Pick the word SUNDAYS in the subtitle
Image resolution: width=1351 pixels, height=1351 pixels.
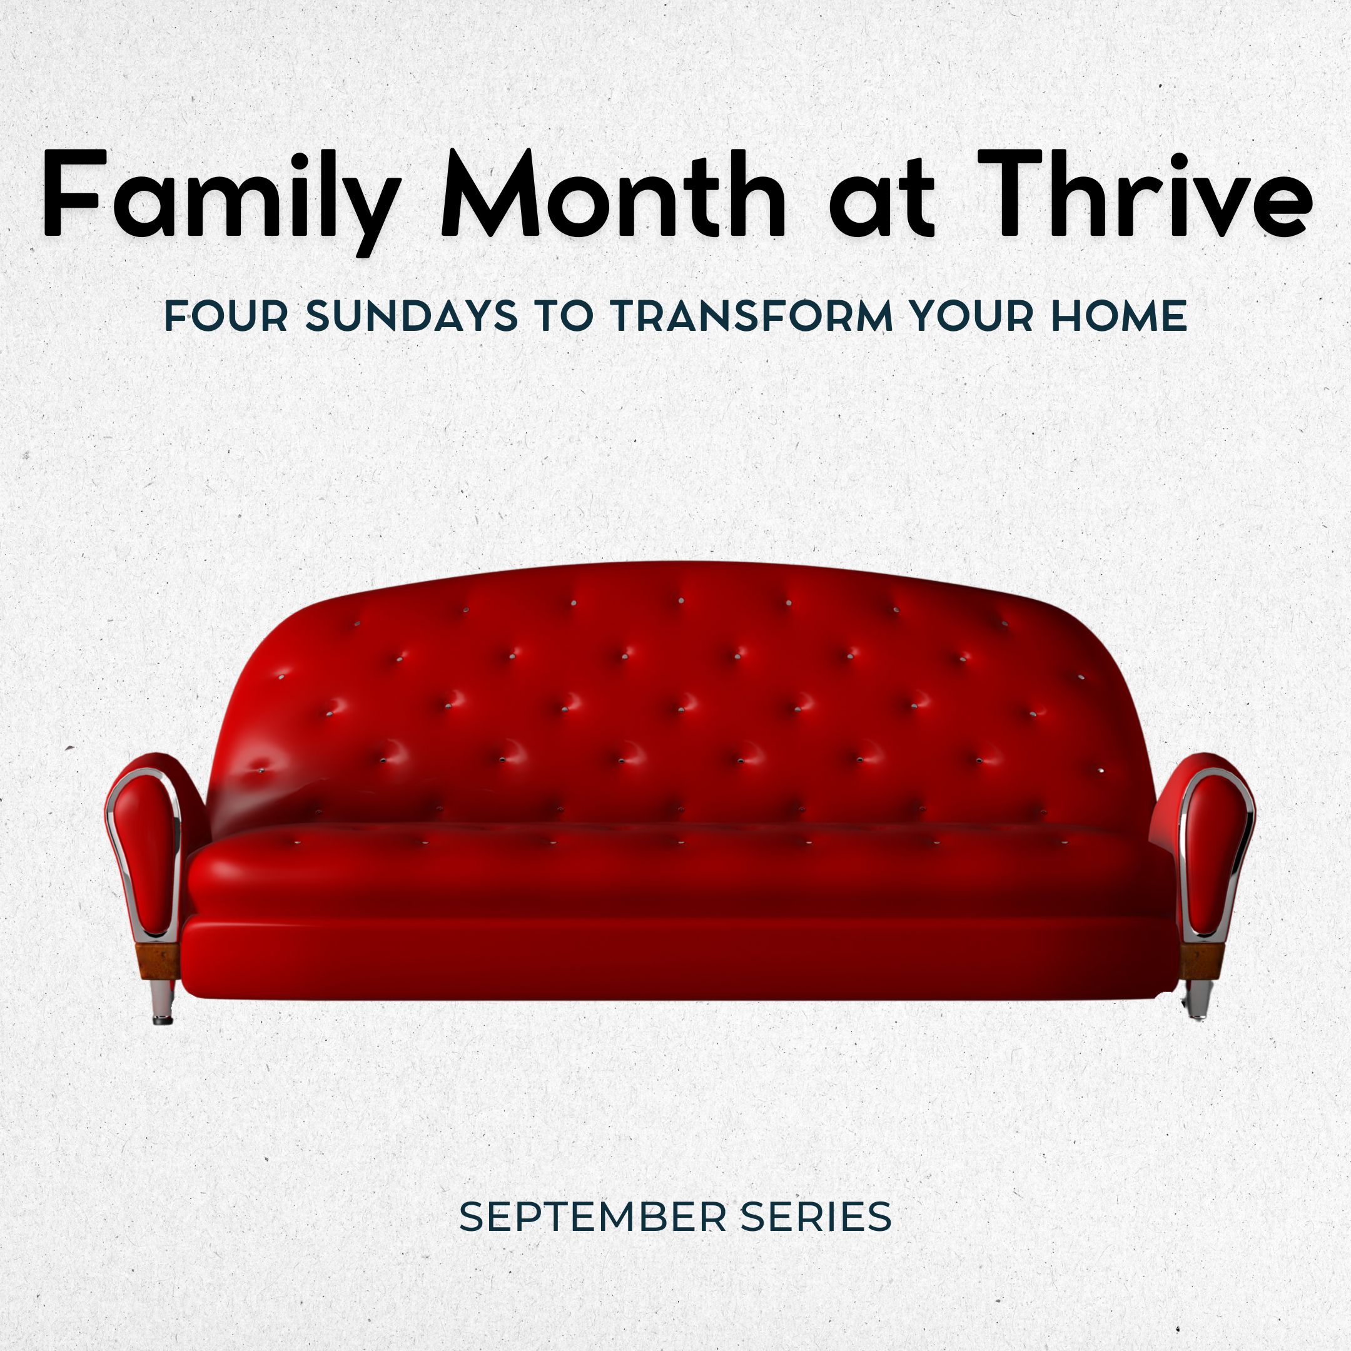412,316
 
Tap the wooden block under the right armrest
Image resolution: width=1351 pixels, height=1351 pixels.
1201,959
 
